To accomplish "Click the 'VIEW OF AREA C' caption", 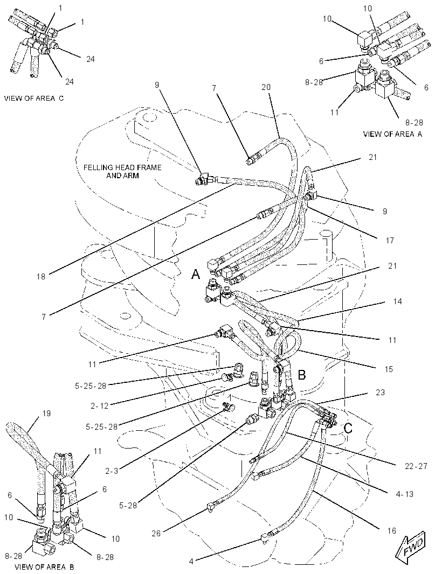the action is (x=34, y=98).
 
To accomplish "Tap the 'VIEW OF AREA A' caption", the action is (x=392, y=134).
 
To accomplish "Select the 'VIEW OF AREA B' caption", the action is (x=44, y=567).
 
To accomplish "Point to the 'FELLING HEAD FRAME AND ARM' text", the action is (x=122, y=171).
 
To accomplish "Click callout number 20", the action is (x=266, y=87).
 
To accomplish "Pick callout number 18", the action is (x=40, y=277).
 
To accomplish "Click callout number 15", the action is (x=388, y=369).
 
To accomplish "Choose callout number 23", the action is (x=380, y=393).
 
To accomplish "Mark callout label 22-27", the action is (x=416, y=466).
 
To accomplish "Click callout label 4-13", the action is (x=404, y=494).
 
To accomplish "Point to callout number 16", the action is (x=391, y=530).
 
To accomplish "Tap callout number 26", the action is (x=156, y=534).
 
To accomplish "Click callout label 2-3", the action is (x=112, y=471).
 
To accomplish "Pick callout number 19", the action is (x=46, y=414).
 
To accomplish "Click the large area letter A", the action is (x=196, y=274).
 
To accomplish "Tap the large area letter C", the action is (x=348, y=428).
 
